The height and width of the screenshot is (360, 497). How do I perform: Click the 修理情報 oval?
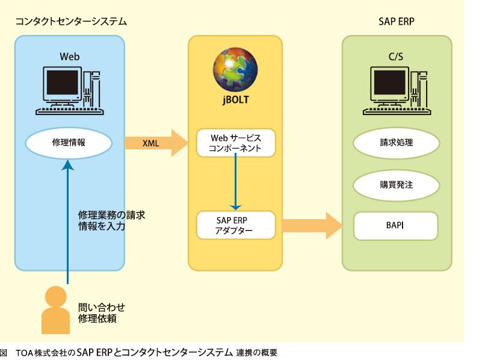(69, 143)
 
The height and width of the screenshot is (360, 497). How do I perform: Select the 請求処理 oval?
(396, 143)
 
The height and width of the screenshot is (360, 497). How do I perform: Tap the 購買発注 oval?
(396, 185)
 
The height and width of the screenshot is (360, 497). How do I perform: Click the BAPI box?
(395, 226)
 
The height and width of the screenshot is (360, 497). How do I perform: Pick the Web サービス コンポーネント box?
(236, 143)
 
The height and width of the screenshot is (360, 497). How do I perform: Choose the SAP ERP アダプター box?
(236, 225)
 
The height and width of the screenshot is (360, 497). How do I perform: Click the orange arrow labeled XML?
(156, 143)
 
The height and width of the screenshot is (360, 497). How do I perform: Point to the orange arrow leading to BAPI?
(312, 226)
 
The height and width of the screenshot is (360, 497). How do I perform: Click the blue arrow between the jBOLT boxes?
(235, 181)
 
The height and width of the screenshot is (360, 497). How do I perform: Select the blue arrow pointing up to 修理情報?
(67, 222)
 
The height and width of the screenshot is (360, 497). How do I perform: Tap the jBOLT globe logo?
(235, 70)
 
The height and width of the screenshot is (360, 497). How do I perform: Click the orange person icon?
(55, 310)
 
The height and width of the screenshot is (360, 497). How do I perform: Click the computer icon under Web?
(70, 91)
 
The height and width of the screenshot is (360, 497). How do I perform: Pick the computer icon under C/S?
(397, 91)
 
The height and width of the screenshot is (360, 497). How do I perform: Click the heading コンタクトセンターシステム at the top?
(71, 22)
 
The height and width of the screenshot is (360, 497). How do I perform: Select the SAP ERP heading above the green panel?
(396, 22)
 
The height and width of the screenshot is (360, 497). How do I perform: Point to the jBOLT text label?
(235, 99)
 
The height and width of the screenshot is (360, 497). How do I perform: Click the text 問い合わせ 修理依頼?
(102, 312)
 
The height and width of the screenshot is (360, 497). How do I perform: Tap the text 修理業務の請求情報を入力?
(111, 220)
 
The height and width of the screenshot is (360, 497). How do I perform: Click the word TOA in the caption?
(25, 353)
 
